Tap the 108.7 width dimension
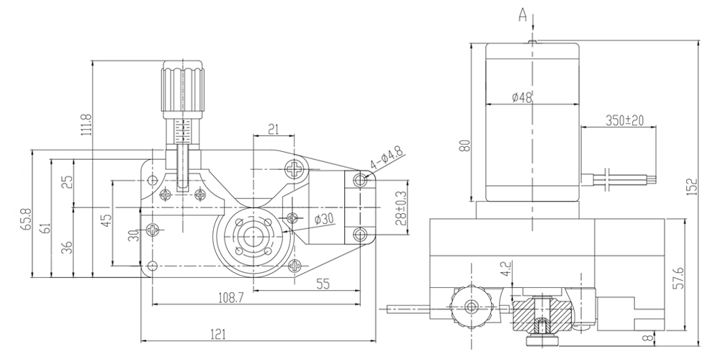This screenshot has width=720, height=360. [230, 297]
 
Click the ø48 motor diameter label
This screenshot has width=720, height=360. [522, 98]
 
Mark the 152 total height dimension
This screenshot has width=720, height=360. [692, 186]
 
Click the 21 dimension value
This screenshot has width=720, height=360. [274, 129]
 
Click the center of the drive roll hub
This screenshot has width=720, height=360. [253, 235]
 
